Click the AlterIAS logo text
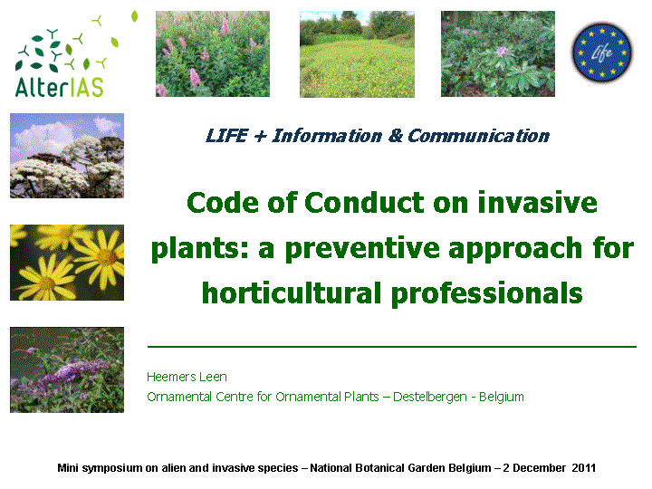(59, 87)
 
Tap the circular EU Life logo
(601, 53)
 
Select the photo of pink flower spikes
(213, 53)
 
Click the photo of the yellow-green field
(357, 54)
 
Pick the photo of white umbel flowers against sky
(67, 156)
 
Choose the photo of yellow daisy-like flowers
(67, 263)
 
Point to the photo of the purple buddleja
(67, 369)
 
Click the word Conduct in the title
(365, 203)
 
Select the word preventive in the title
(362, 250)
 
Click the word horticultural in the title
(291, 292)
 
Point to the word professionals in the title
(486, 294)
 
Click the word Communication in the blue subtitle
(479, 136)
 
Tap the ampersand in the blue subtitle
(396, 136)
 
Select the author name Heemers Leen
(187, 377)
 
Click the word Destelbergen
(430, 398)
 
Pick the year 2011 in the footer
(583, 468)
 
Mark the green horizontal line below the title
(392, 346)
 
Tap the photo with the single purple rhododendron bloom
(498, 53)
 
